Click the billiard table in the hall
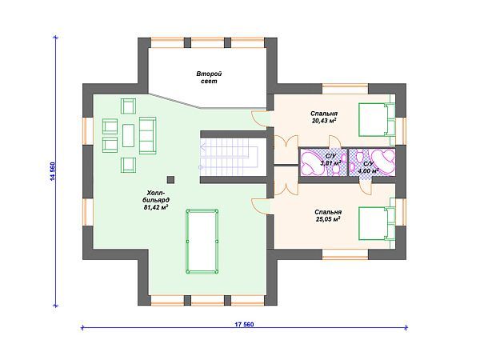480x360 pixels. coord(202,242)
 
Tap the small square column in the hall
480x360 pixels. coord(171,180)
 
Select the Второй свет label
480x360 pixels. coord(209,78)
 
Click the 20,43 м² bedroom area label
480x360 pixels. coord(324,121)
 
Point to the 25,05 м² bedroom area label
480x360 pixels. coord(328,219)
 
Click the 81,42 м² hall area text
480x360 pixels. coord(157,207)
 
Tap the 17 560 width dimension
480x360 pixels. coord(244,324)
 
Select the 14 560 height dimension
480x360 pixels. coord(53,171)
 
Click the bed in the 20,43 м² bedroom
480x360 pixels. coord(377,120)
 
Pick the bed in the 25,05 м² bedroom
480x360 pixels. coord(377,223)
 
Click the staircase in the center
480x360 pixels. coord(230,157)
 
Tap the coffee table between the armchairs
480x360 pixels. coord(128,136)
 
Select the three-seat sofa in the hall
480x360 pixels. coord(147,136)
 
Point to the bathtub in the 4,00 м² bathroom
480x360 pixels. coord(382,162)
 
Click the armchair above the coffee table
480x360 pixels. coord(128,106)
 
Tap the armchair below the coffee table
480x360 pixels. coord(128,165)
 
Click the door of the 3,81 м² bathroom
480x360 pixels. coord(334,142)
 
